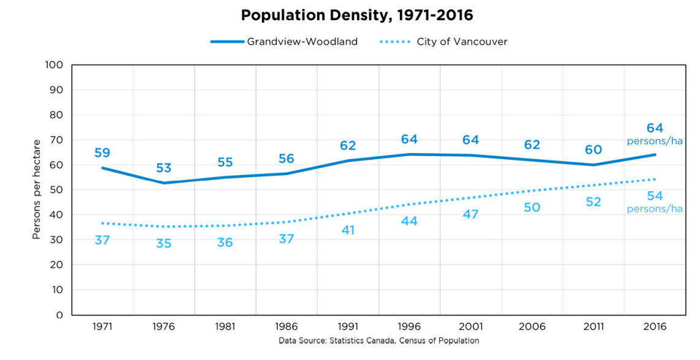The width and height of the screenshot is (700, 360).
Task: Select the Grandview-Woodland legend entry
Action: (285, 42)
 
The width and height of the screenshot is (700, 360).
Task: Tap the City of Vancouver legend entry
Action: (444, 42)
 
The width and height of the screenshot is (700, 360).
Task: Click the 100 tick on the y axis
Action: (55, 65)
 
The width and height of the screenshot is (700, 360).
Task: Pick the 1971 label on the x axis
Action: (102, 326)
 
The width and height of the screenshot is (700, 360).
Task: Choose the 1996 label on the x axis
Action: (409, 326)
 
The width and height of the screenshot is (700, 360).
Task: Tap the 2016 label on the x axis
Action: (655, 326)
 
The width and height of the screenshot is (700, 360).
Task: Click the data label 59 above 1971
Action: (102, 153)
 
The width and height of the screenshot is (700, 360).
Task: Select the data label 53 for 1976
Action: (164, 168)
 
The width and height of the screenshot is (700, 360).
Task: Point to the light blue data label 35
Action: (164, 244)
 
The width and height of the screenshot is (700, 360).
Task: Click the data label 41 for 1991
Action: (348, 231)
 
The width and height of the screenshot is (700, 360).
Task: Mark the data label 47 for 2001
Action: (470, 215)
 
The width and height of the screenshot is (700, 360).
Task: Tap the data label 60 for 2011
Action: (593, 150)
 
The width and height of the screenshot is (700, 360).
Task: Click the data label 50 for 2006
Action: (532, 208)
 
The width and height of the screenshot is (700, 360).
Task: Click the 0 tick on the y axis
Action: (59, 315)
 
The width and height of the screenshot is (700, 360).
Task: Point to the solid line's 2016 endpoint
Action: (655, 154)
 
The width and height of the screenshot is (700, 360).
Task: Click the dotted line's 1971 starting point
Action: (102, 223)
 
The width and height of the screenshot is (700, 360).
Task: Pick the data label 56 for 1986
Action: (286, 159)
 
